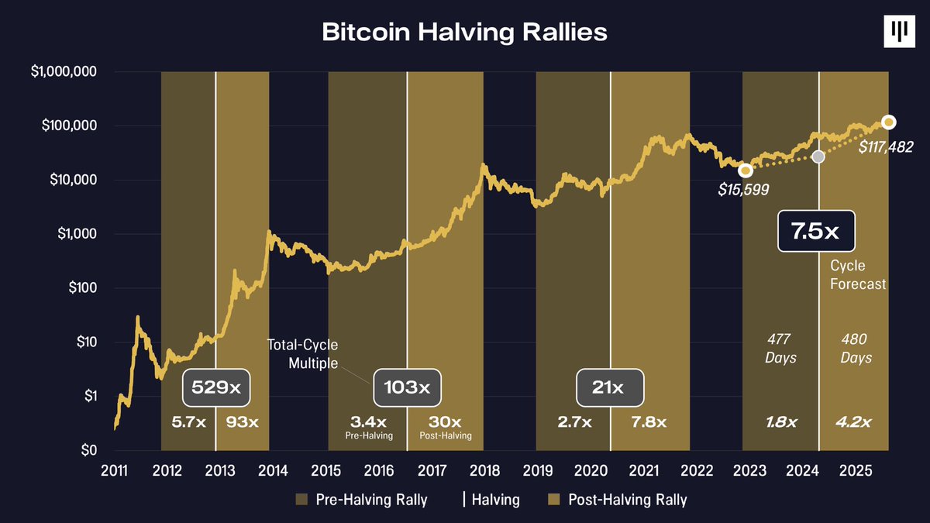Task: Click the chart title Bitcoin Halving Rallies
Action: (465, 33)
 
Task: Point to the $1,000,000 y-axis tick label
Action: (64, 72)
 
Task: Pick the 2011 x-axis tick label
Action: (115, 471)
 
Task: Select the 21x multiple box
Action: (610, 387)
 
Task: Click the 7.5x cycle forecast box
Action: (817, 231)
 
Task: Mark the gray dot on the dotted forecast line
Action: (818, 157)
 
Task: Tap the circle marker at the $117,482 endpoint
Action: (888, 122)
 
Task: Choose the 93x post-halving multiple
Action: (242, 422)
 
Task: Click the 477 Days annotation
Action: (780, 349)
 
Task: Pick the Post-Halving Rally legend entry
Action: (617, 500)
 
